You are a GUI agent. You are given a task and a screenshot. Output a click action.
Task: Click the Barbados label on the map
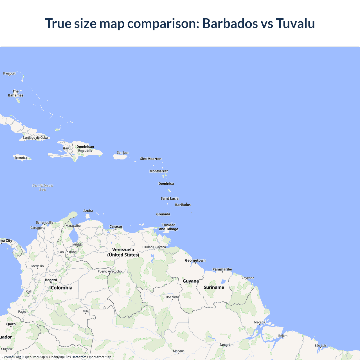tap(183, 205)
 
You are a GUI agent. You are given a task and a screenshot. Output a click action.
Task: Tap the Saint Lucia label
tap(170, 198)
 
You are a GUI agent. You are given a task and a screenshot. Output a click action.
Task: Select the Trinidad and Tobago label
tap(168, 227)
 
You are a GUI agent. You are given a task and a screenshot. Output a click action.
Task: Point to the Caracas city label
tap(116, 226)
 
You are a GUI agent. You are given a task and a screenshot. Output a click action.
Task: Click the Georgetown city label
tap(195, 260)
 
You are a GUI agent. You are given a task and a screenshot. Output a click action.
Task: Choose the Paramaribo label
tap(222, 269)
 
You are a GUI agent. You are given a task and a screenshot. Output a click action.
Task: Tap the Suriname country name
tap(214, 287)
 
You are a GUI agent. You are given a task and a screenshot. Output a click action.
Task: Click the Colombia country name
tap(62, 288)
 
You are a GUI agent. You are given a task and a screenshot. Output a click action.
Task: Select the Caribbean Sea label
tap(43, 187)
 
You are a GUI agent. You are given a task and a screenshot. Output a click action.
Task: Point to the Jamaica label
tap(21, 157)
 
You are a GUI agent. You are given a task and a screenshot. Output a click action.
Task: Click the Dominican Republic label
tap(85, 148)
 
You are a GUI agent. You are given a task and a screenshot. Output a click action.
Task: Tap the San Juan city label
tap(123, 152)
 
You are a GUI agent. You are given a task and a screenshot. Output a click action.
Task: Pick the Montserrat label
tap(159, 171)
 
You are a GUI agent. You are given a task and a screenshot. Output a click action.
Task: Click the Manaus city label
tap(179, 351)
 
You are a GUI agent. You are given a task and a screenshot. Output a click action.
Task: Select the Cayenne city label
tap(248, 278)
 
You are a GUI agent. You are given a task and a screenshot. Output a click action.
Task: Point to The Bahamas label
tap(16, 93)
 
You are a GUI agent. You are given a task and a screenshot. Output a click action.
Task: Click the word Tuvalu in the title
tap(295, 23)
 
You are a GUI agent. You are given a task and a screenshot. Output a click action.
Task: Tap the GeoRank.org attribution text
tap(11, 357)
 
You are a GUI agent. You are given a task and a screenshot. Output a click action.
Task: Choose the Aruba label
tap(88, 211)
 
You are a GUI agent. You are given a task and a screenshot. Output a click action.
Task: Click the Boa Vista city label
tap(172, 297)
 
